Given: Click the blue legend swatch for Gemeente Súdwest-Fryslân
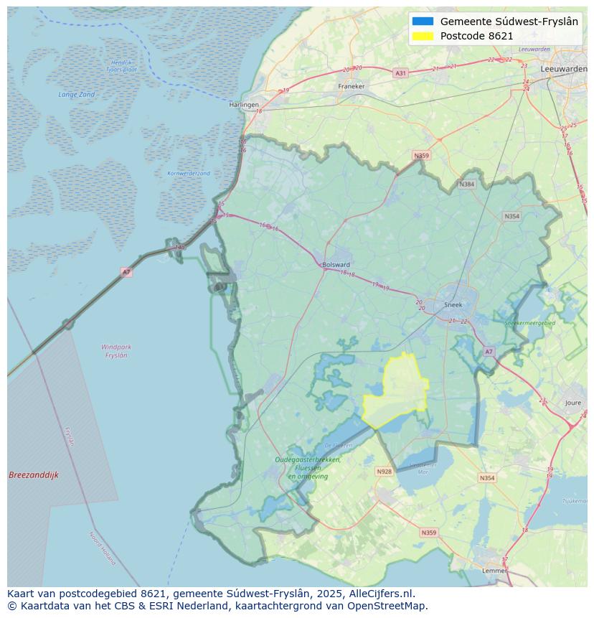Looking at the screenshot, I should pyautogui.click(x=423, y=22).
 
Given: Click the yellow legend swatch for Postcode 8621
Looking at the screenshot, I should pyautogui.click(x=423, y=36).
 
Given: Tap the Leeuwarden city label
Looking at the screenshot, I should pyautogui.click(x=565, y=68).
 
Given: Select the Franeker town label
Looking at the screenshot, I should pyautogui.click(x=351, y=86).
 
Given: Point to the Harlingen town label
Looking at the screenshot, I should pyautogui.click(x=244, y=105).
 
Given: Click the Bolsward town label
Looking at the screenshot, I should pyautogui.click(x=336, y=264).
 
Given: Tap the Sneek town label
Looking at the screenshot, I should pyautogui.click(x=453, y=304).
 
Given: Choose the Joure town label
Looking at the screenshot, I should pyautogui.click(x=572, y=403).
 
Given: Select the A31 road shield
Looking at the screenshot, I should pyautogui.click(x=400, y=73).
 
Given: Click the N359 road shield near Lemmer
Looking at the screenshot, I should pyautogui.click(x=428, y=533).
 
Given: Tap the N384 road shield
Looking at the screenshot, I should pyautogui.click(x=467, y=184).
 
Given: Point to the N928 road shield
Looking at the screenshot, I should pyautogui.click(x=384, y=472).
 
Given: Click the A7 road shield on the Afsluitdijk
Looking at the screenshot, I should pyautogui.click(x=126, y=272).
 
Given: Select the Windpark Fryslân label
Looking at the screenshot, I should pyautogui.click(x=116, y=351).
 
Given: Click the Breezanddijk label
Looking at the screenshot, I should pyautogui.click(x=34, y=475).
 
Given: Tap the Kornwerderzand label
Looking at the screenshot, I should pyautogui.click(x=189, y=174).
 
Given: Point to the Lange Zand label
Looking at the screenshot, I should pyautogui.click(x=76, y=95).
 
